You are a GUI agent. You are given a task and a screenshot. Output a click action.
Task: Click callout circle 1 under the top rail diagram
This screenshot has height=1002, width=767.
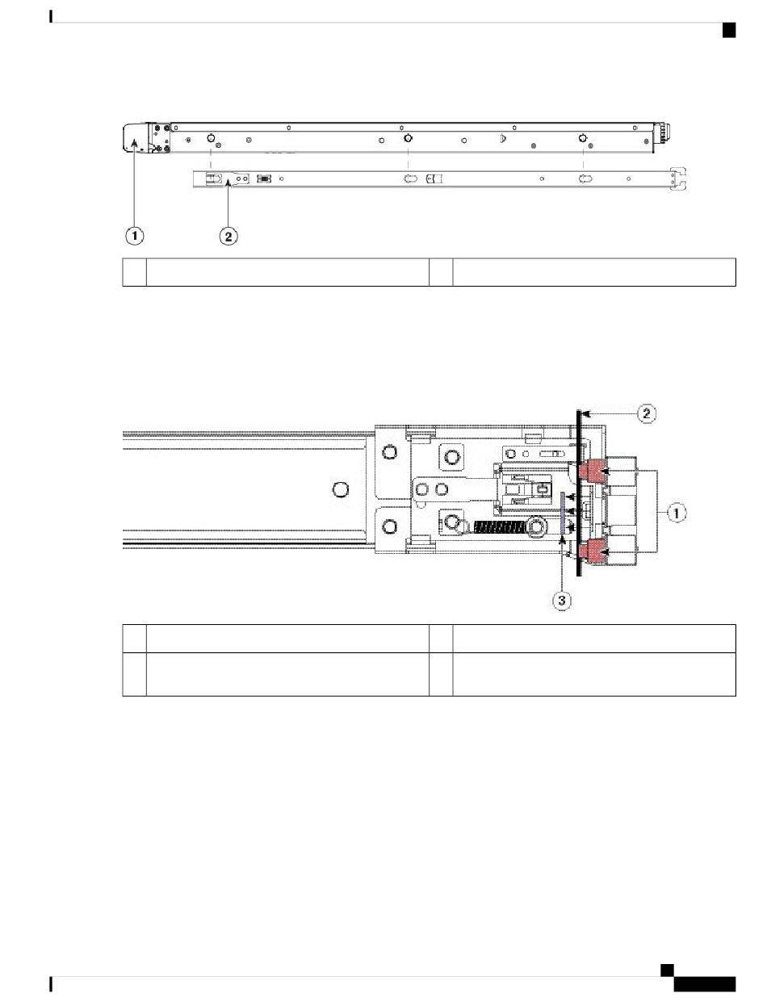[135, 236]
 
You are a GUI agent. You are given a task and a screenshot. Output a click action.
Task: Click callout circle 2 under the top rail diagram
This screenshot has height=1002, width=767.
[228, 237]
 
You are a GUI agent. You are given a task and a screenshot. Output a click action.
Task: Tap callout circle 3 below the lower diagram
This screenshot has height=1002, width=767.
[561, 600]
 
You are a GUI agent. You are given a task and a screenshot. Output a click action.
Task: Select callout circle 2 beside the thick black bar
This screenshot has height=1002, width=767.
[646, 413]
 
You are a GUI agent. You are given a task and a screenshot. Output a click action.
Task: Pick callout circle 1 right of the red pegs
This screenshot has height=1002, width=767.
[677, 512]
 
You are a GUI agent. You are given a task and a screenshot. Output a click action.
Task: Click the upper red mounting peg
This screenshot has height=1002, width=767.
[593, 470]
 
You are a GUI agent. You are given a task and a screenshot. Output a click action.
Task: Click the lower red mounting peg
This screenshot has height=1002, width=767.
[593, 551]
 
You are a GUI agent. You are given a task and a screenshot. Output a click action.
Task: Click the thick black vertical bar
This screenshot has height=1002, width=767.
[579, 493]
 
